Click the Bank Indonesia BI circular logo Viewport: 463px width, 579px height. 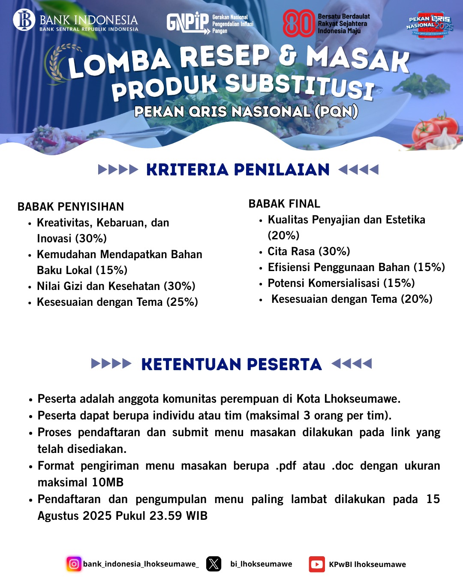[24, 20]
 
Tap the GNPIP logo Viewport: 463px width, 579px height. [188, 23]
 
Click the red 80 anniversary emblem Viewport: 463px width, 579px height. [298, 24]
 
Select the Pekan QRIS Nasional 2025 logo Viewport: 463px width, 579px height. [430, 25]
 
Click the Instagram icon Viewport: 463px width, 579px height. [74, 564]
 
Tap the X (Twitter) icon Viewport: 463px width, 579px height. [213, 564]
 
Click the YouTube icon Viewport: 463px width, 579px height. [317, 564]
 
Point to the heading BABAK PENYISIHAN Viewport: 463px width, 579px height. [71, 207]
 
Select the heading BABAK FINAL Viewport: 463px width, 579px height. [284, 204]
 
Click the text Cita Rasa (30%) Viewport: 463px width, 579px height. [309, 251]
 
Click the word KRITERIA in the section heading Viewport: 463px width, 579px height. [187, 170]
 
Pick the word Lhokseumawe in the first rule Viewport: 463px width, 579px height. [361, 399]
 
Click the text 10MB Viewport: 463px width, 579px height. [108, 482]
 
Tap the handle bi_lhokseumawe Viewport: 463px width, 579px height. [261, 564]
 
